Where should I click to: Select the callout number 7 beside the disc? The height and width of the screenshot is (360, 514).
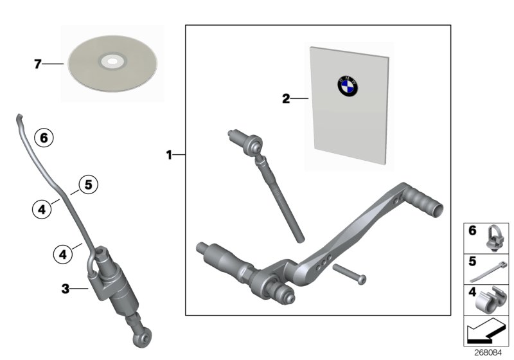point(38,64)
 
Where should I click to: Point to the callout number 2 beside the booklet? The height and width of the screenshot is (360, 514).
point(286,99)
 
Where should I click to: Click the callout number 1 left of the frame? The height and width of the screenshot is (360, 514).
point(170,155)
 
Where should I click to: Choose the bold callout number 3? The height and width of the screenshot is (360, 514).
point(65,290)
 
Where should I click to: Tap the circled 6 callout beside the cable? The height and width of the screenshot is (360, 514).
point(44,137)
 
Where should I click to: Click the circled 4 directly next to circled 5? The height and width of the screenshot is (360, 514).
point(41,208)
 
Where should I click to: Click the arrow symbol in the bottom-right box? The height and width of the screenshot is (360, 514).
point(486,333)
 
